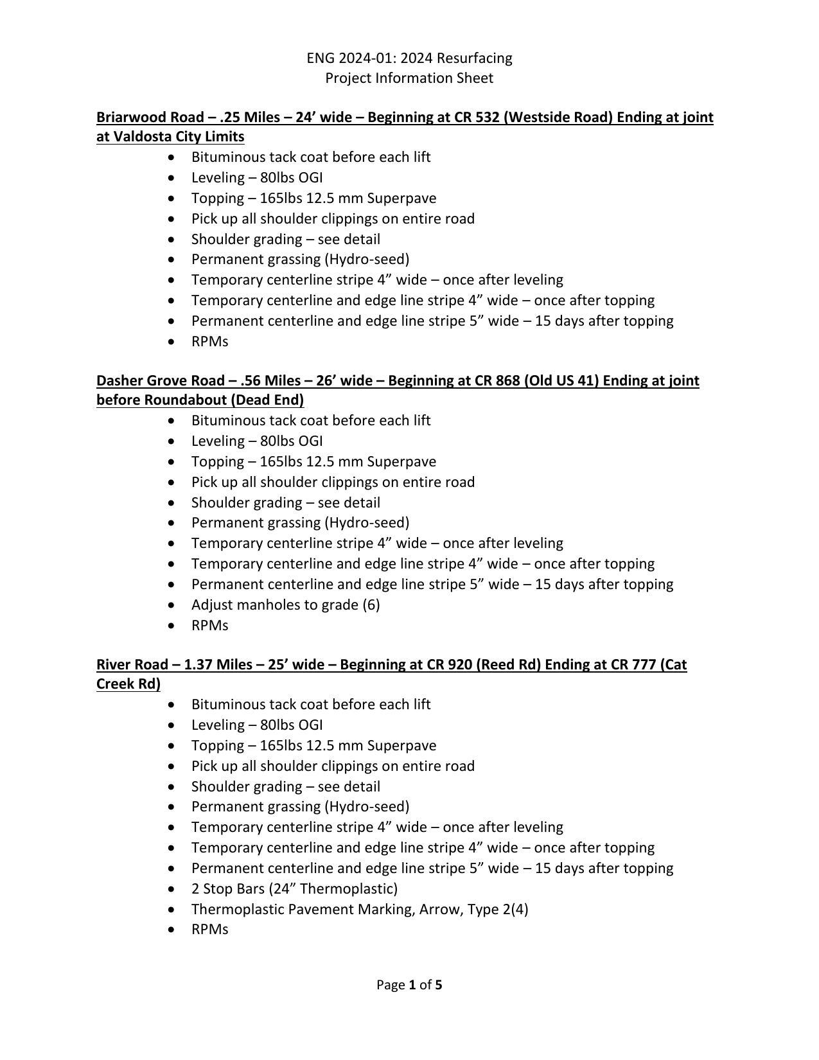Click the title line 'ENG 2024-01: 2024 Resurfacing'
pyautogui.click(x=409, y=58)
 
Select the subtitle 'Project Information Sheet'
pyautogui.click(x=409, y=78)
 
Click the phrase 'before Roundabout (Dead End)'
pyautogui.click(x=200, y=400)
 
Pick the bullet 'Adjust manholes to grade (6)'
pyautogui.click(x=285, y=605)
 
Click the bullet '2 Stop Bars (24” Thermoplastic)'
pyautogui.click(x=294, y=888)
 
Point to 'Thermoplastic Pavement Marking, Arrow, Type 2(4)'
pyautogui.click(x=360, y=909)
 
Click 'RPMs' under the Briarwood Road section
pyautogui.click(x=209, y=341)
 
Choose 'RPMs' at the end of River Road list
pyautogui.click(x=209, y=930)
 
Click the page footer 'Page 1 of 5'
pyautogui.click(x=409, y=985)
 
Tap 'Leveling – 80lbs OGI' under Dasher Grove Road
pyautogui.click(x=257, y=441)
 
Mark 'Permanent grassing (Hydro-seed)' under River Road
pyautogui.click(x=300, y=806)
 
